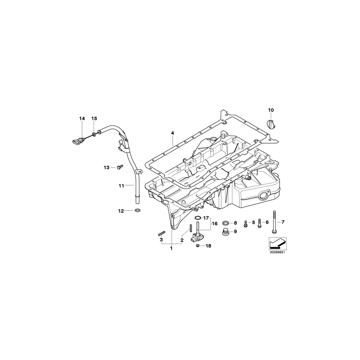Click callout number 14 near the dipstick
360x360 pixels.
tap(82, 118)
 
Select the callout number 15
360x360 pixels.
tap(94, 118)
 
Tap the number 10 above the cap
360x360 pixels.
tap(271, 110)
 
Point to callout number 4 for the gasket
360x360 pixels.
tap(172, 133)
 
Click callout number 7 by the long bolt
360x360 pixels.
tap(283, 222)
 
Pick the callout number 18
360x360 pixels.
tap(208, 246)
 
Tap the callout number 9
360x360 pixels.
tap(235, 231)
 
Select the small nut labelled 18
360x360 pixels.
tap(198, 246)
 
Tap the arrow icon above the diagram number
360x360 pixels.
tap(277, 242)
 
